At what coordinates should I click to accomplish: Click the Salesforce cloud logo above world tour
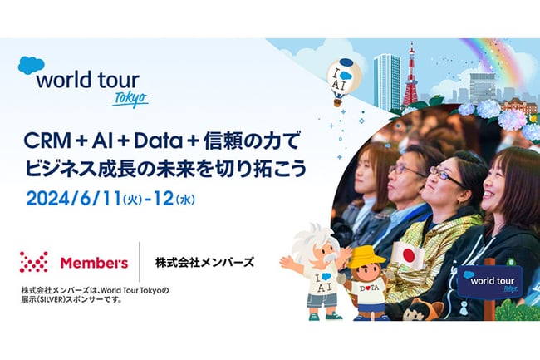pyautogui.click(x=31, y=65)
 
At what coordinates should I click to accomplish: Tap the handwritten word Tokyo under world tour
pyautogui.click(x=130, y=99)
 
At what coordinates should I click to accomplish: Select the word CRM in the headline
pyautogui.click(x=47, y=141)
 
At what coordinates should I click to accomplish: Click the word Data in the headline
pyautogui.click(x=158, y=141)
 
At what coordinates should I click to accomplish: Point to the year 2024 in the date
pyautogui.click(x=47, y=199)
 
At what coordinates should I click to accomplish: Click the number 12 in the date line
pyautogui.click(x=163, y=199)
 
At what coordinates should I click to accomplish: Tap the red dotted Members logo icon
pyautogui.click(x=34, y=262)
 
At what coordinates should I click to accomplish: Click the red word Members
pyautogui.click(x=94, y=263)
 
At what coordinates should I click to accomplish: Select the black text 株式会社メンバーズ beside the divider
pyautogui.click(x=204, y=263)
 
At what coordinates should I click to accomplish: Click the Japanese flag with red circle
pyautogui.click(x=409, y=255)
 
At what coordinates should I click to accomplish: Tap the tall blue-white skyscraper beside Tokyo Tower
pyautogui.click(x=387, y=81)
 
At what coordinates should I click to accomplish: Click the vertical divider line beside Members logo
pyautogui.click(x=139, y=262)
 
